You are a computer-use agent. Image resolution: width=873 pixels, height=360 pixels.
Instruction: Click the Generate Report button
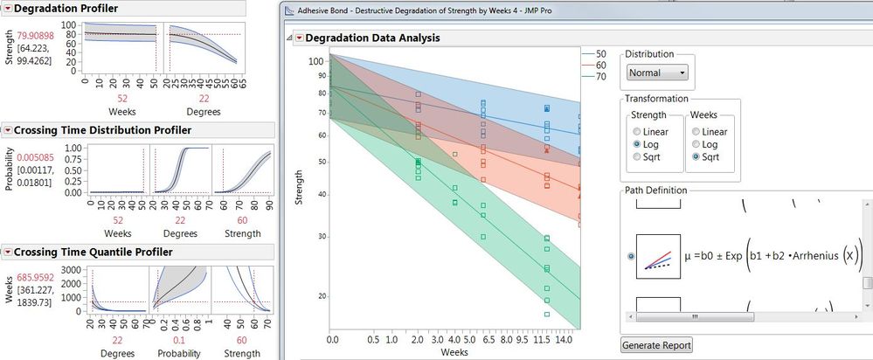pyautogui.click(x=655, y=345)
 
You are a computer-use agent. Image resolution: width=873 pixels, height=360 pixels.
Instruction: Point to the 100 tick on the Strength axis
pyautogui.click(x=316, y=60)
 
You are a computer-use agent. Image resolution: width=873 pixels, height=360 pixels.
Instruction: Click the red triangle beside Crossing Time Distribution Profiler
pyautogui.click(x=8, y=130)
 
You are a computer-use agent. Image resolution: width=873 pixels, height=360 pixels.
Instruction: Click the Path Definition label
pyautogui.click(x=655, y=190)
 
